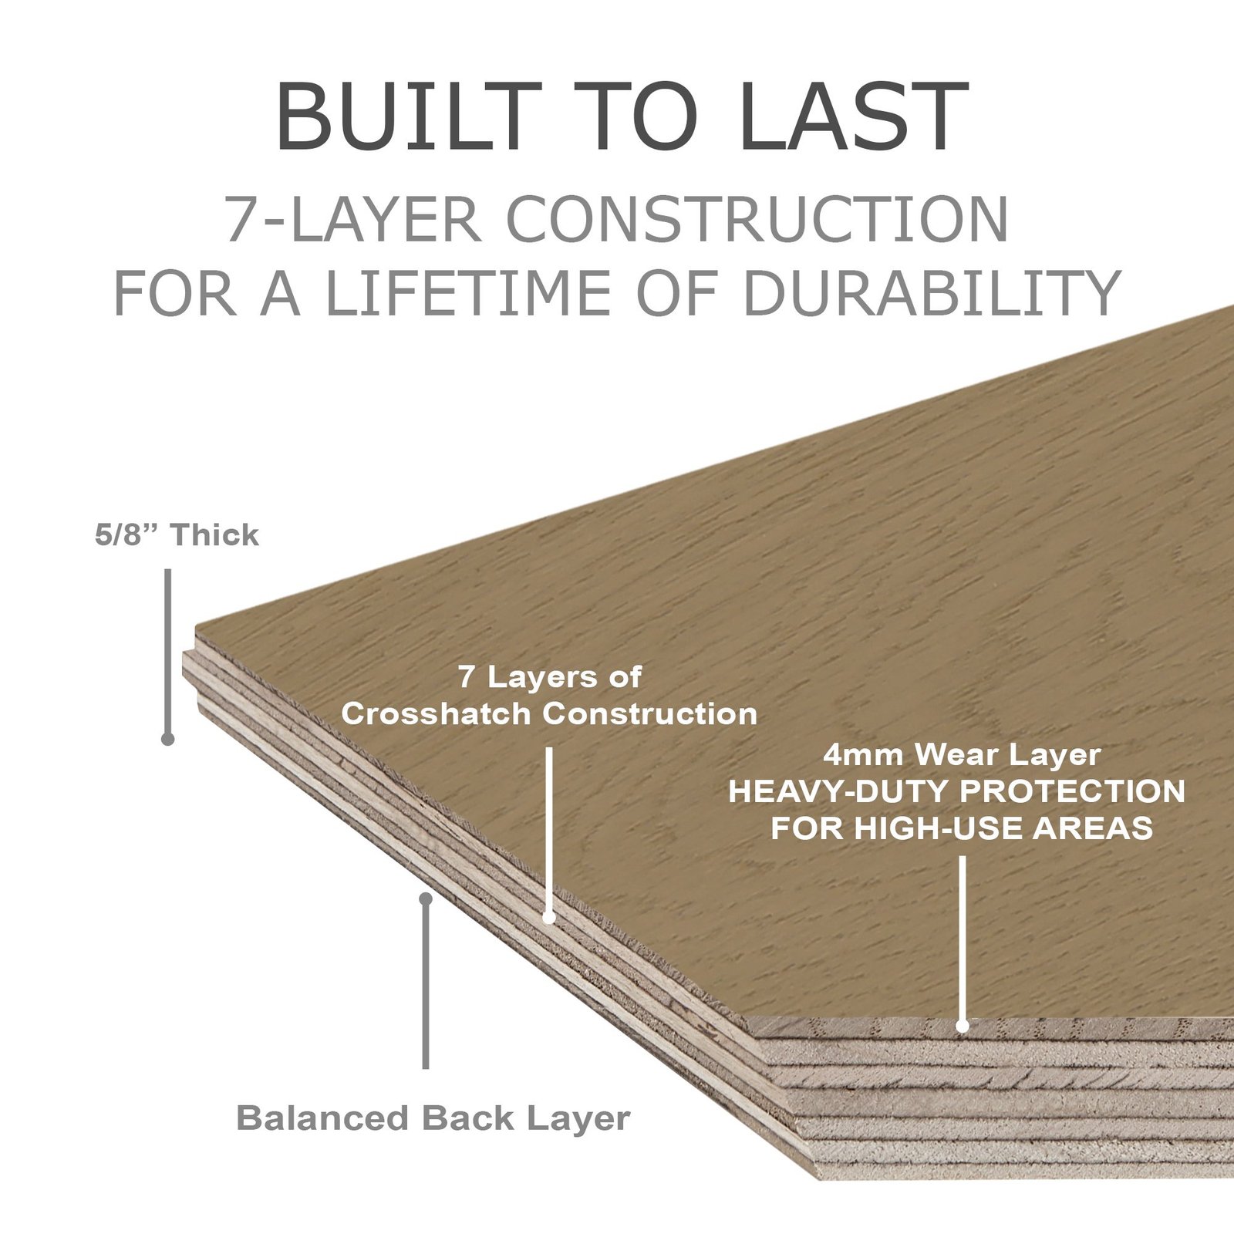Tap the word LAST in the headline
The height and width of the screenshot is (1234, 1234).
click(x=852, y=117)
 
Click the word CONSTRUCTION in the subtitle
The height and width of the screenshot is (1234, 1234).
click(x=756, y=220)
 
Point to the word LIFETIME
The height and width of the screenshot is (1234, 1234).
click(x=471, y=293)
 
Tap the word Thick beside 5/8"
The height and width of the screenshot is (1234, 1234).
click(x=214, y=534)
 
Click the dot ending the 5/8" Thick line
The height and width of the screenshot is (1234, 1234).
click(x=167, y=739)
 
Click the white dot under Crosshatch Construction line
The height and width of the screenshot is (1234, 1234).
click(x=548, y=918)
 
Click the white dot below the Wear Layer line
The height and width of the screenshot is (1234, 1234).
click(x=962, y=1026)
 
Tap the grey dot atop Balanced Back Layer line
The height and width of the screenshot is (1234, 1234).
click(x=425, y=899)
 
